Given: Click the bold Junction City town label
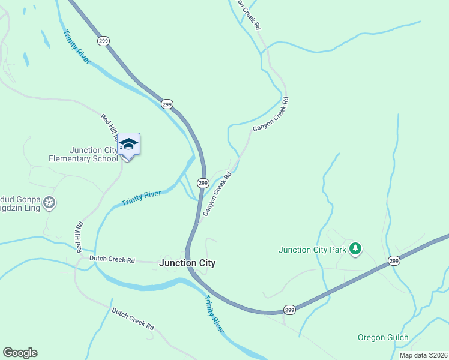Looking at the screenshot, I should coord(187,263).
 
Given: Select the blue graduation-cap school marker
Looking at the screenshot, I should coord(128,144).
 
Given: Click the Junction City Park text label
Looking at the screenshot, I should coord(313,250).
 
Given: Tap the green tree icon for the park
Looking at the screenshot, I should coord(355,248).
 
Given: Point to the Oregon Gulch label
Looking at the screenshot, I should coord(383,337).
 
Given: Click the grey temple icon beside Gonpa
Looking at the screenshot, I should coord(50,203).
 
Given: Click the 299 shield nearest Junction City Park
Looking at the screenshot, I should coord(394,260).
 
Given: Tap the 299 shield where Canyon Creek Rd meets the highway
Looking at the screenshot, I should coord(203,182).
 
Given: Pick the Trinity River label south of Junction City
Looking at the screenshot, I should coord(214,314).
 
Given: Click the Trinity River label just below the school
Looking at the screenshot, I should coord(141,199).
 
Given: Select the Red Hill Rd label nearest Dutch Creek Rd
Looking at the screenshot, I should coord(79,236).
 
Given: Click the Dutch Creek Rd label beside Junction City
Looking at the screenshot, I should coord(112,259).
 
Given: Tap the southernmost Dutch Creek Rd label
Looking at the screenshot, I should coord(133,319).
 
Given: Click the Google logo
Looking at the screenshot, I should coord(20,353).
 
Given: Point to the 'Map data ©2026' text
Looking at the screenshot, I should coord(423,355).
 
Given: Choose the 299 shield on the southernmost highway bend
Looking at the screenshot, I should coord(289,310).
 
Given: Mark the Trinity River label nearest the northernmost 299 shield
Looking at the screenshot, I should coord(76,47).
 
